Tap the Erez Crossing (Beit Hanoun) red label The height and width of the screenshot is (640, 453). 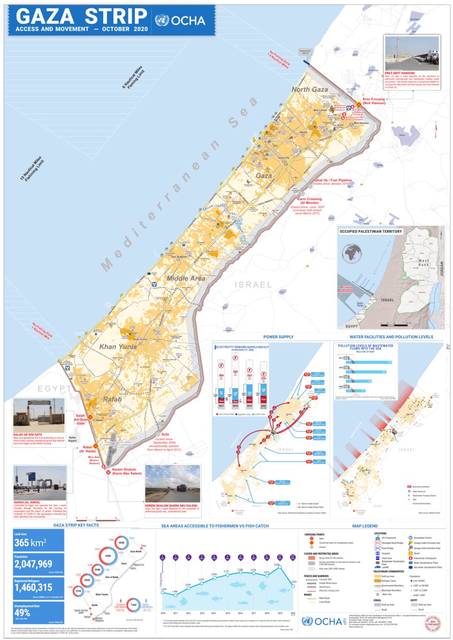pyautogui.click(x=373, y=101)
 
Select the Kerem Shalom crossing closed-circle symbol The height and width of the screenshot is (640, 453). pyautogui.click(x=108, y=472)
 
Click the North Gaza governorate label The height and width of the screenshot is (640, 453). pyautogui.click(x=309, y=89)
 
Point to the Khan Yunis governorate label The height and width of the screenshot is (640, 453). pyautogui.click(x=119, y=346)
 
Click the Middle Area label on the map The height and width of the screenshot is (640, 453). pyautogui.click(x=186, y=278)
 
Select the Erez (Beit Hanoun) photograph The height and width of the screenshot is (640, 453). pyautogui.click(x=411, y=53)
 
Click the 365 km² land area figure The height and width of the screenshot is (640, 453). pyautogui.click(x=31, y=543)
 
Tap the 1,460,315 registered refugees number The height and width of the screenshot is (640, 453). pyautogui.click(x=38, y=588)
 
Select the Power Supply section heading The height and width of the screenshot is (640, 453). pyautogui.click(x=279, y=337)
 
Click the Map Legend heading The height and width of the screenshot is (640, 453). pyautogui.click(x=365, y=525)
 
